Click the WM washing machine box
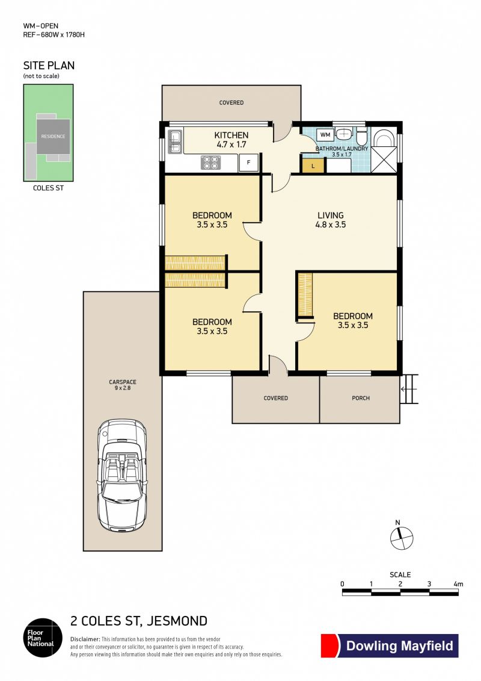point(325,135)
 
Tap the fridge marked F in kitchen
point(248,163)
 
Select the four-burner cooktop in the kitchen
point(211,163)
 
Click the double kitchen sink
point(175,143)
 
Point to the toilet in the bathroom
point(362,136)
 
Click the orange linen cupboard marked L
point(313,166)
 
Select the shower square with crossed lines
point(384,160)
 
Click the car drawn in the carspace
point(121,474)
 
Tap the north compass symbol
point(401,538)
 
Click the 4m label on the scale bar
point(458,584)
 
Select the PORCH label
point(361,398)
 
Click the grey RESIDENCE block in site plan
point(53,136)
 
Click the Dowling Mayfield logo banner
point(390,646)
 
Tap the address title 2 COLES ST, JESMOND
point(139,621)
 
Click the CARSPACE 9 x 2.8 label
point(122,385)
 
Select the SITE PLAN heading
point(49,66)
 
